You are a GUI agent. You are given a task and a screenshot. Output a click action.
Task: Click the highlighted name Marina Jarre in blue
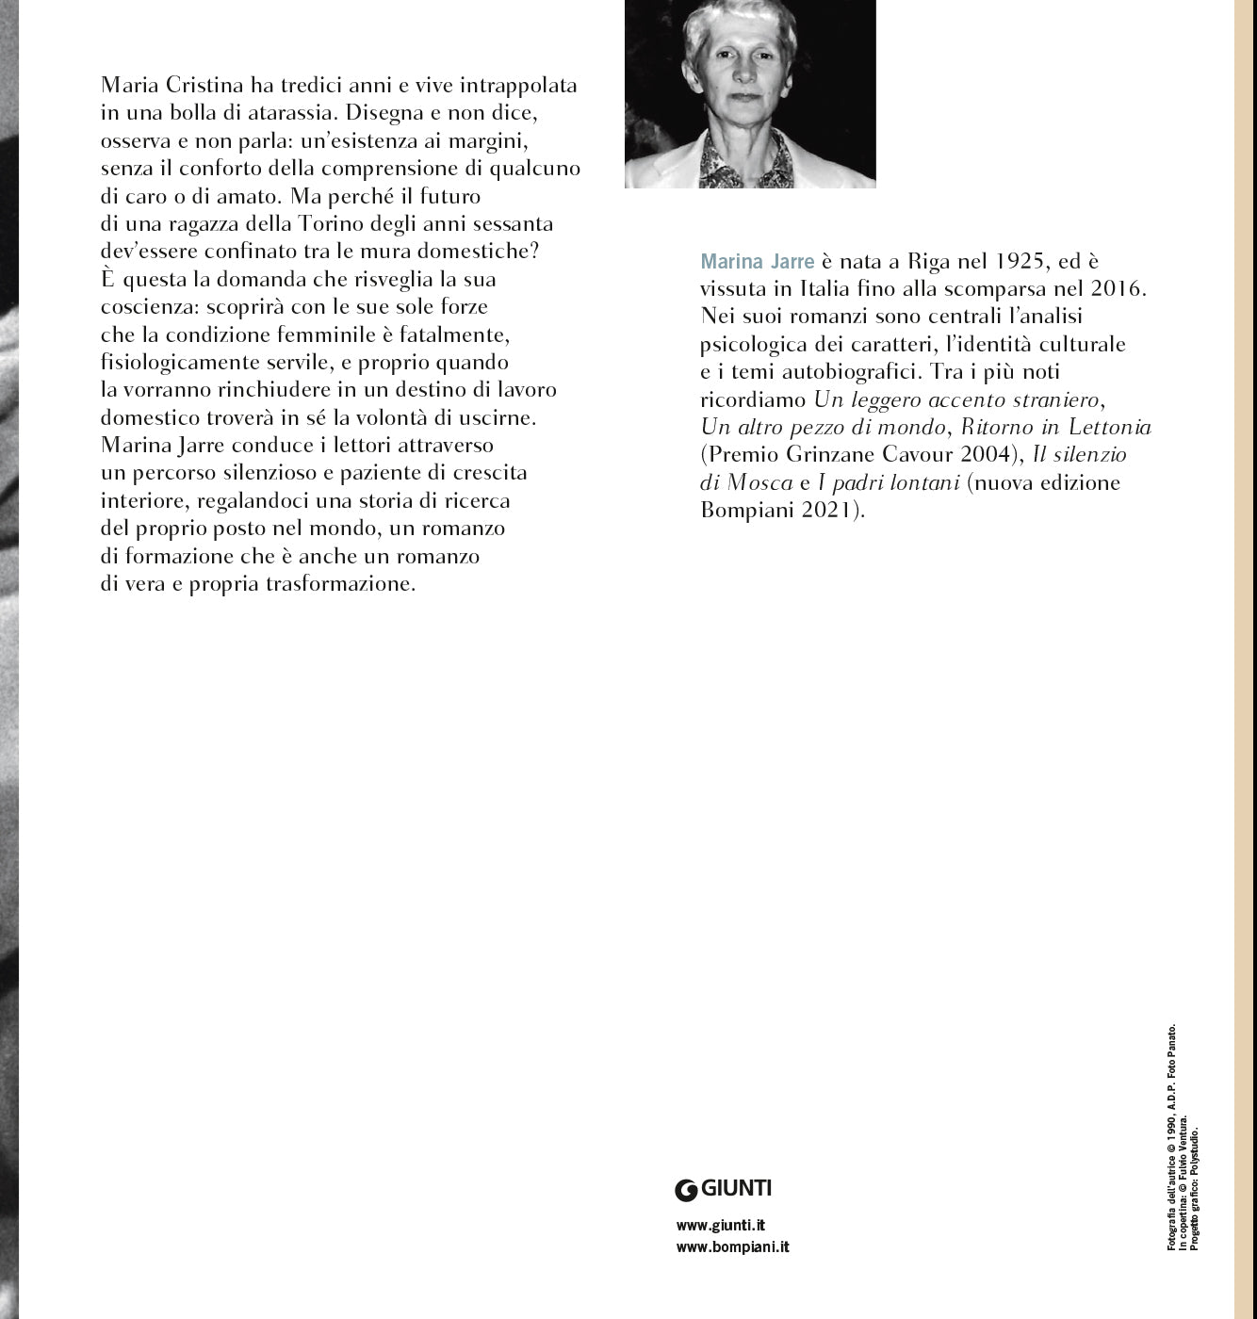click(x=757, y=261)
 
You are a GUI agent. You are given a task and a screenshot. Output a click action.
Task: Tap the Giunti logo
click(x=724, y=1189)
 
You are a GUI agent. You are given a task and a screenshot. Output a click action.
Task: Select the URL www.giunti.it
click(x=720, y=1226)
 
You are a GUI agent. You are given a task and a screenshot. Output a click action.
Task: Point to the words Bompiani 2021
click(x=779, y=511)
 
